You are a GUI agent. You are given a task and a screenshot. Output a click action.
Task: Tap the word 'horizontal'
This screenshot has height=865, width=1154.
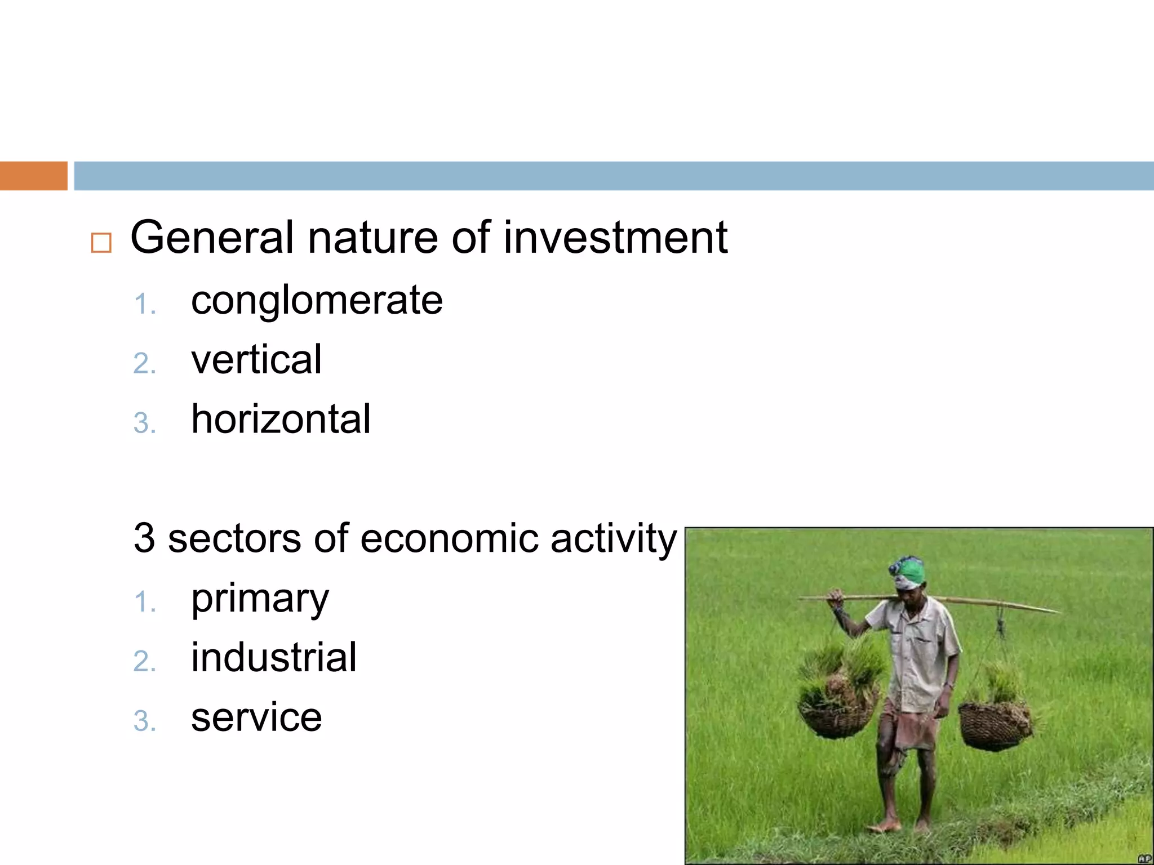coord(281,419)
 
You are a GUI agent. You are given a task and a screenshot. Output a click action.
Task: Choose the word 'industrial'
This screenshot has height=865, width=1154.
coord(274,657)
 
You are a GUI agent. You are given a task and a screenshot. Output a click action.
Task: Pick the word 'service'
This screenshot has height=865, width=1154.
coord(256,717)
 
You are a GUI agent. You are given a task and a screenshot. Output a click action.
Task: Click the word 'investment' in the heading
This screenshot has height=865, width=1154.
coord(615,238)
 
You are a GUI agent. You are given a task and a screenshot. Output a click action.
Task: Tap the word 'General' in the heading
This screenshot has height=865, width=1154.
coord(212,238)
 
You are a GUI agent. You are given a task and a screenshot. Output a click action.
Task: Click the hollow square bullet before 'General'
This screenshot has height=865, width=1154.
coord(101,243)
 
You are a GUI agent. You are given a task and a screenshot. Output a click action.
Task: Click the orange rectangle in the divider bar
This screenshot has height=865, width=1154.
coord(33,176)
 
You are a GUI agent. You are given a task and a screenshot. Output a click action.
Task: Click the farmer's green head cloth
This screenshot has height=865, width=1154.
coord(908,572)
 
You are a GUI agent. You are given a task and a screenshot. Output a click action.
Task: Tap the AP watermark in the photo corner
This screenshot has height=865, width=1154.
coord(1144,858)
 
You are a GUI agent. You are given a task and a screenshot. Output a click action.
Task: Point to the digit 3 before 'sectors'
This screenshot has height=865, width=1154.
coord(144,538)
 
